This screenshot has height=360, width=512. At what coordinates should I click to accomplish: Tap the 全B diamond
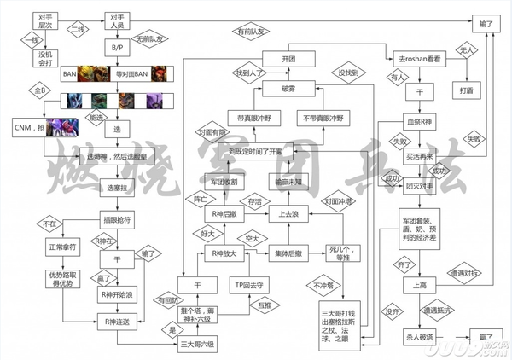(x=37, y=90)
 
